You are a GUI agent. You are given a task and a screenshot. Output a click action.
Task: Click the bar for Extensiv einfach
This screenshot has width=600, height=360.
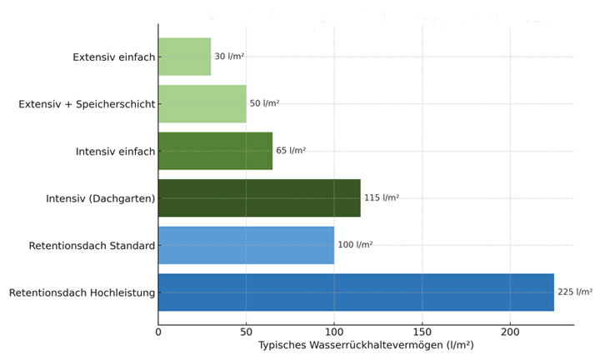click(x=184, y=57)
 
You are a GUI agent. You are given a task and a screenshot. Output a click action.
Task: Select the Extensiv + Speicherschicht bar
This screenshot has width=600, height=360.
click(x=202, y=103)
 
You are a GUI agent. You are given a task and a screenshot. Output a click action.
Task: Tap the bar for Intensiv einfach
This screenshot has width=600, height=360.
click(x=215, y=151)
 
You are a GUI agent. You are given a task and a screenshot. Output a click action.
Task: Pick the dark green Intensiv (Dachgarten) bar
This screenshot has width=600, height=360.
click(x=259, y=198)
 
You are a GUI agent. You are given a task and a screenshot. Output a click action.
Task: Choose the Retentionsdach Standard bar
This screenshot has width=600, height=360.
click(x=246, y=245)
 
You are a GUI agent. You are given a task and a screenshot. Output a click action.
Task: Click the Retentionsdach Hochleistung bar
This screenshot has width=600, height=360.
click(x=356, y=292)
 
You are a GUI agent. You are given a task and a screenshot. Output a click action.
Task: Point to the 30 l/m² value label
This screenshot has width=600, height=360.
click(x=229, y=57)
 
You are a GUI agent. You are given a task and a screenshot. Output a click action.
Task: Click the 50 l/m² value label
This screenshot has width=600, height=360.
click(x=264, y=103)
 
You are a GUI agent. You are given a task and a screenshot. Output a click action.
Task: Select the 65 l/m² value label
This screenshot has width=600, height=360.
click(x=291, y=151)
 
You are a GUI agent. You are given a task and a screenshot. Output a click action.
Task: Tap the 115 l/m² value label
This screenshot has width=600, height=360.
click(x=382, y=198)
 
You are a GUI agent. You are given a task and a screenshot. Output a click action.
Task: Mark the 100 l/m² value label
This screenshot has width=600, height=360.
click(x=355, y=245)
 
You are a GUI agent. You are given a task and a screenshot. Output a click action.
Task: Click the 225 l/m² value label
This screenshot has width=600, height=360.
click(x=575, y=292)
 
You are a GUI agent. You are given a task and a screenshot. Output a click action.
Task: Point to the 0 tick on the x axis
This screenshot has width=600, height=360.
click(x=158, y=332)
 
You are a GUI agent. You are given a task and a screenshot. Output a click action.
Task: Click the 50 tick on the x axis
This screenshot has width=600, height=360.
click(x=247, y=332)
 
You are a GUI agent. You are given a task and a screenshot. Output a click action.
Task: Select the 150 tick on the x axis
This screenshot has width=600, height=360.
click(x=422, y=332)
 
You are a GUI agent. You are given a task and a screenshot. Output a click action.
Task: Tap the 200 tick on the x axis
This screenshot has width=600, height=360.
click(x=510, y=332)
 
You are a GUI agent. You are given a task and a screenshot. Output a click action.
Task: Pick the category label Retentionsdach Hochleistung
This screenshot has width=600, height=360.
click(x=82, y=292)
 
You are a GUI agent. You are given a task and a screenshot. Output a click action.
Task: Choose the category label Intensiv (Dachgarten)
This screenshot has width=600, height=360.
click(x=101, y=198)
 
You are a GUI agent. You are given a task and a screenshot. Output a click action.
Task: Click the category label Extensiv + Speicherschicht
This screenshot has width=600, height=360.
click(x=87, y=103)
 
